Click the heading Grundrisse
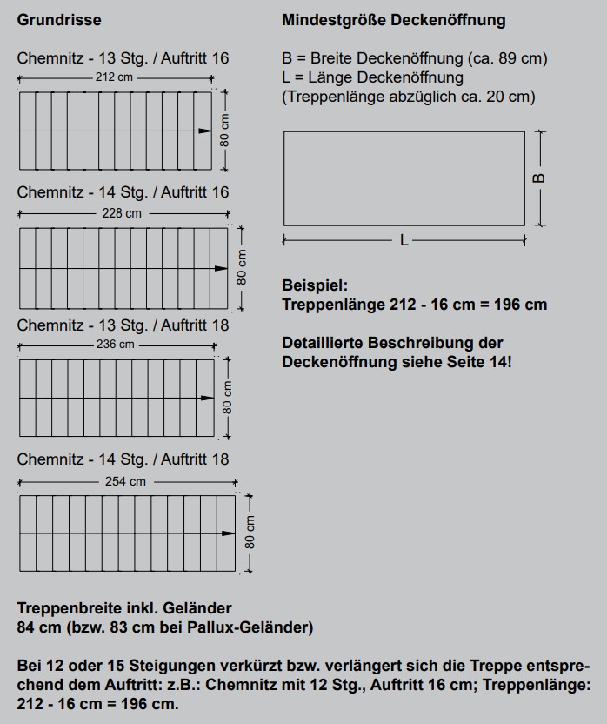59,19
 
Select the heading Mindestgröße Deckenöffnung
393,19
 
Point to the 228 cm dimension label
122,213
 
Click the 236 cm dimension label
115,345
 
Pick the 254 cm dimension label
126,481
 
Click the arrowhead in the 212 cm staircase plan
205,131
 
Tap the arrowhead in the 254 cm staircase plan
229,533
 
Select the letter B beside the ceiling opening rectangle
539,178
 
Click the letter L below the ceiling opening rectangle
404,240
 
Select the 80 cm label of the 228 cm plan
242,268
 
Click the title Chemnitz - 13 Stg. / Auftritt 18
123,325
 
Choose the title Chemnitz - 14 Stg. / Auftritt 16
123,192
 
